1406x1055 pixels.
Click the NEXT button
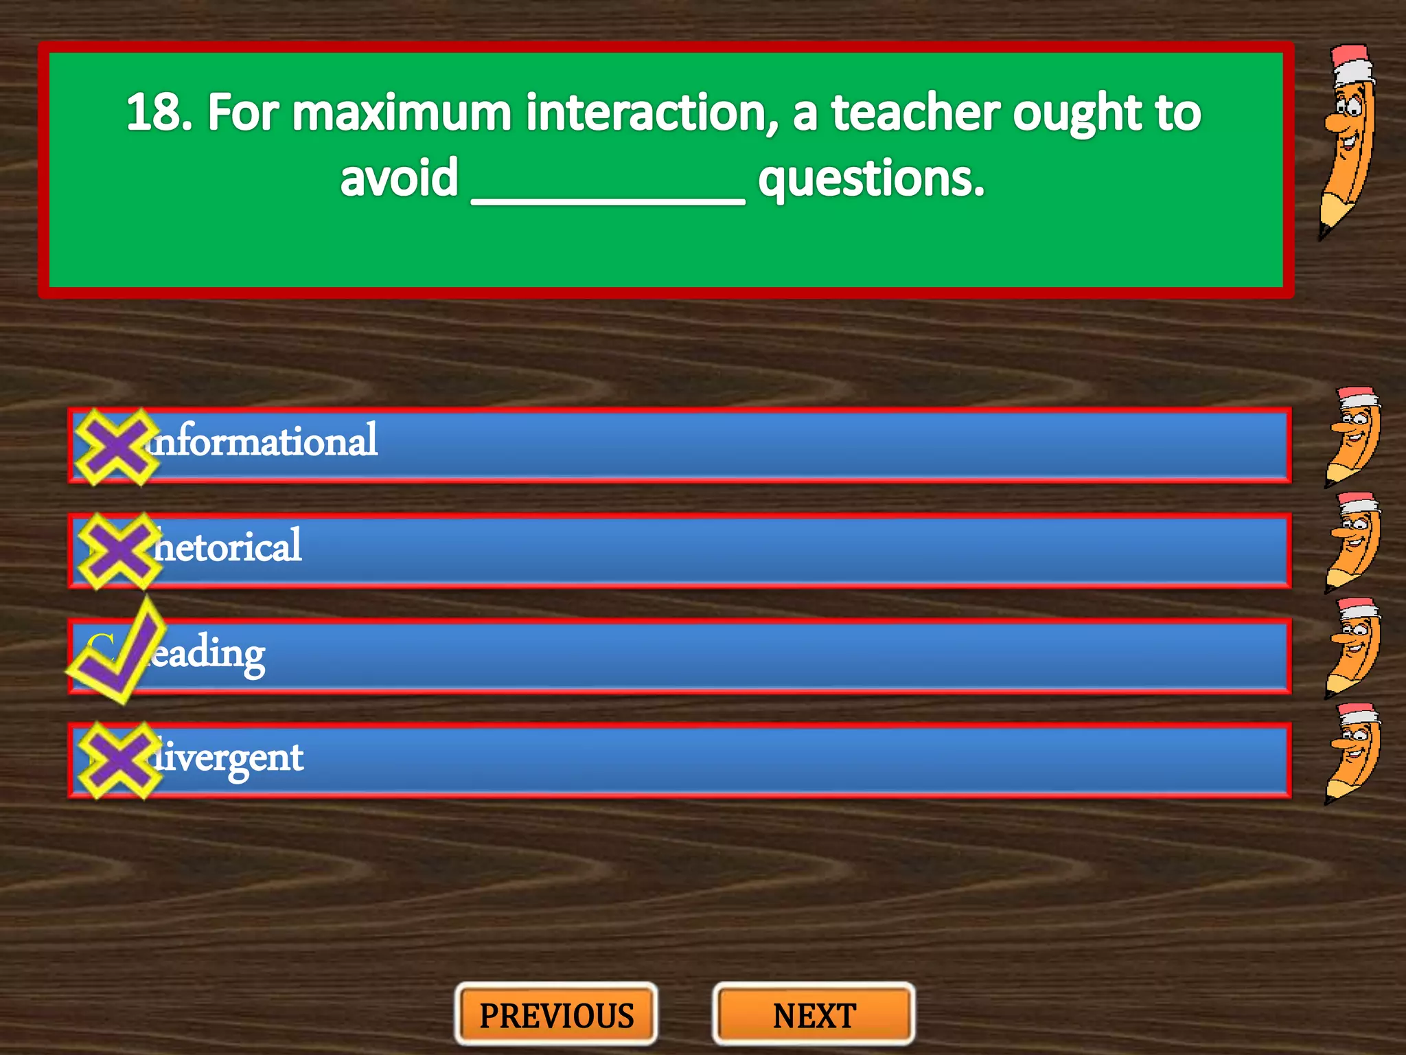point(814,1015)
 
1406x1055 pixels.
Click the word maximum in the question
point(402,113)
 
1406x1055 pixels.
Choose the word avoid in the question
point(399,179)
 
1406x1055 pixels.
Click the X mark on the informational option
point(115,446)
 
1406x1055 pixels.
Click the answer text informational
point(264,441)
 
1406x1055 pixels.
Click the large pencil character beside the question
point(1348,141)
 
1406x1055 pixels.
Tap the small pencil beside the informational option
point(1352,437)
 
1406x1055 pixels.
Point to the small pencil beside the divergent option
point(1352,753)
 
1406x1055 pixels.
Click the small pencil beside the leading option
point(1352,648)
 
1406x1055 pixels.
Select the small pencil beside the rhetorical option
point(1352,543)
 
